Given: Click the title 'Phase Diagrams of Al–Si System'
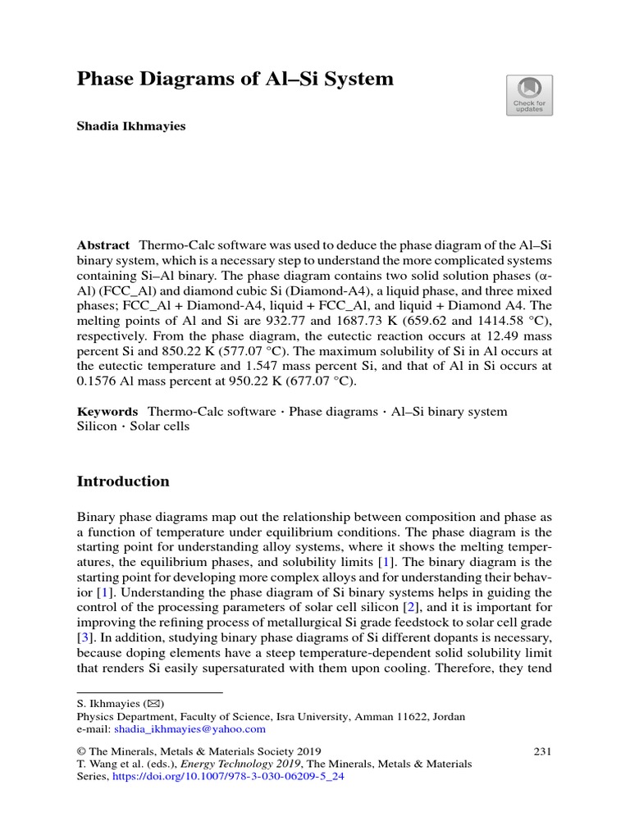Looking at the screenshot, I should pyautogui.click(x=235, y=80).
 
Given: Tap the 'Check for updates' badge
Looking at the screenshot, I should pyautogui.click(x=529, y=95).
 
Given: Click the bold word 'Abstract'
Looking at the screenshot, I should pyautogui.click(x=103, y=245).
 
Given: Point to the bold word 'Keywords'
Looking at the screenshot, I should pyautogui.click(x=107, y=411).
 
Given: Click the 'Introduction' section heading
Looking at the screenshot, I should pyautogui.click(x=123, y=482).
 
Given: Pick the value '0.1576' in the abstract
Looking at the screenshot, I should pyautogui.click(x=97, y=381).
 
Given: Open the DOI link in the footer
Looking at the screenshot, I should pyautogui.click(x=227, y=777).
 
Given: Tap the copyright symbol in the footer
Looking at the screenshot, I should pyautogui.click(x=81, y=751).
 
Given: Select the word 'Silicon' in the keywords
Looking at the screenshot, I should pyautogui.click(x=97, y=427).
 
